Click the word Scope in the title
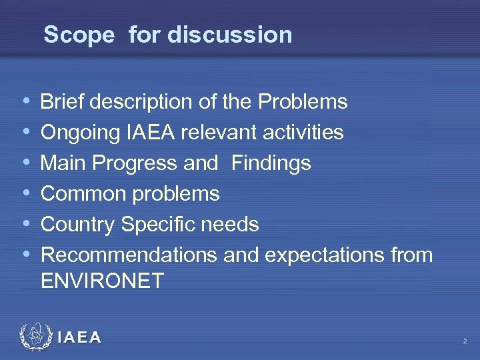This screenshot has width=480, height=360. (x=79, y=35)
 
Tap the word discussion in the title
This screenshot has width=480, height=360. (x=230, y=35)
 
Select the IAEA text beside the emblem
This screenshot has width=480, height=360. (x=80, y=338)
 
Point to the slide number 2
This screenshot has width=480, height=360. (x=464, y=341)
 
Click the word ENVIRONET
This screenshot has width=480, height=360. (x=102, y=280)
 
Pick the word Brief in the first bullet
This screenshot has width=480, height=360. (x=64, y=102)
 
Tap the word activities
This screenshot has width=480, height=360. (x=303, y=133)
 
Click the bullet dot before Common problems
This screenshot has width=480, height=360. (x=25, y=194)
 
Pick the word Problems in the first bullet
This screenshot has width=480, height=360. (x=303, y=102)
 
